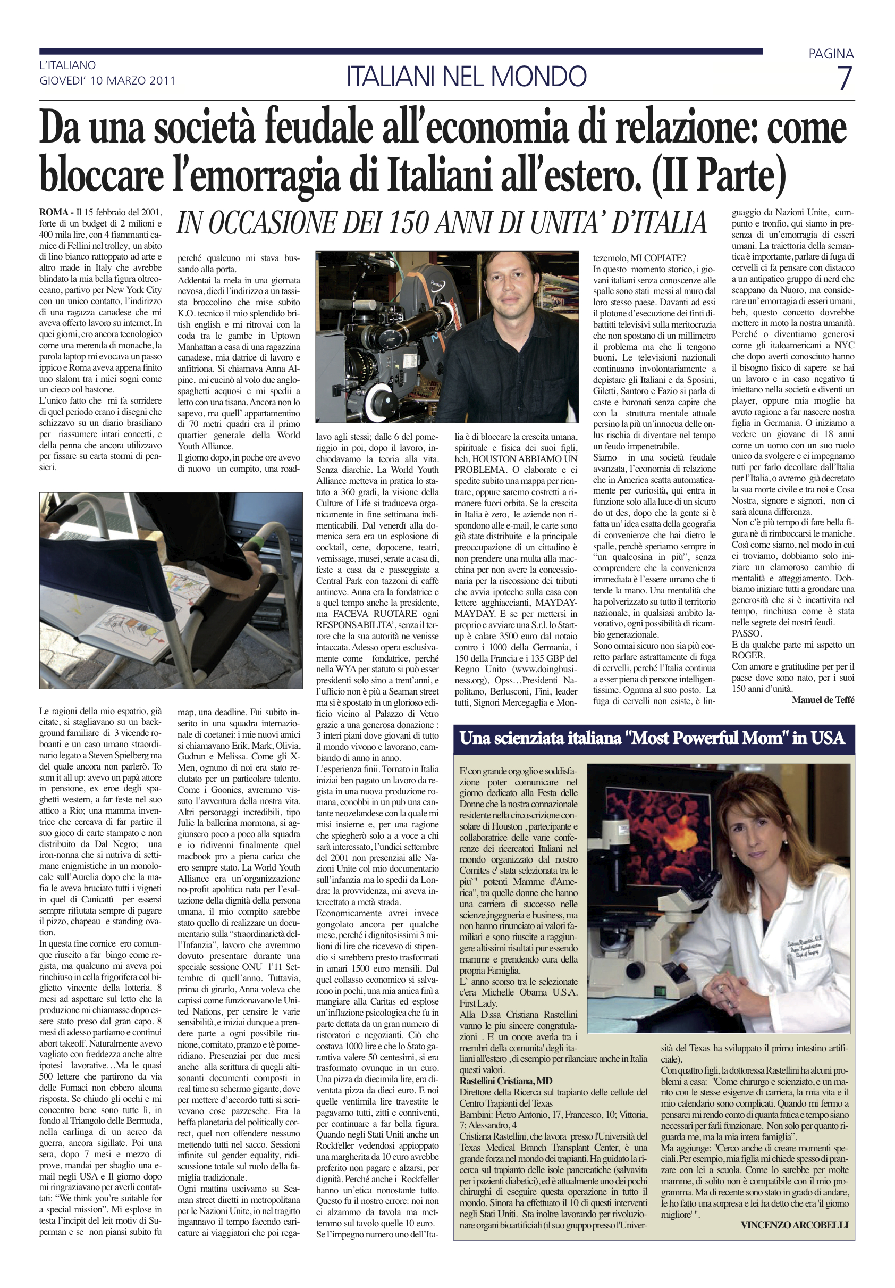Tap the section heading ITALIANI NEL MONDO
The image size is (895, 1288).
(x=467, y=76)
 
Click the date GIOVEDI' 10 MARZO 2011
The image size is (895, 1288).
(x=107, y=80)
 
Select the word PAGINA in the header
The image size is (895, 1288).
(x=831, y=54)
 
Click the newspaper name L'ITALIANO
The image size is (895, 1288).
(x=67, y=65)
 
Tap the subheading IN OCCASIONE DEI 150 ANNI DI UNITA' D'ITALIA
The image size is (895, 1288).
(x=441, y=223)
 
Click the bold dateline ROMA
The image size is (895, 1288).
(x=54, y=212)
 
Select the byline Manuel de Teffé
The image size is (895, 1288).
(x=823, y=699)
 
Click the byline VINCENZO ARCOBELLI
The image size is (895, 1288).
(x=794, y=1225)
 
